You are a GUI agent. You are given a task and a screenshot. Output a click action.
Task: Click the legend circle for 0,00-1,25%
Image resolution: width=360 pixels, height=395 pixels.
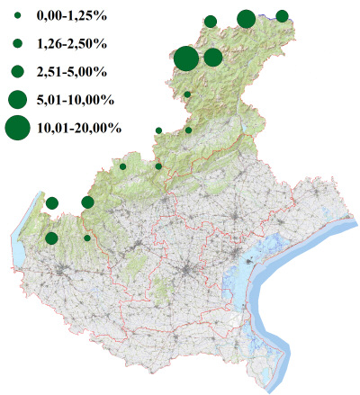[x=17, y=15]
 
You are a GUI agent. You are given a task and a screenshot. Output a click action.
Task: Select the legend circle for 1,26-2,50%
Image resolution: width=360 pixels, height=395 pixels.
[x=17, y=43]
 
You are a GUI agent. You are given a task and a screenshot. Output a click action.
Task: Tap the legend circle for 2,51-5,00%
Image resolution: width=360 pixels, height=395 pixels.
[x=17, y=71]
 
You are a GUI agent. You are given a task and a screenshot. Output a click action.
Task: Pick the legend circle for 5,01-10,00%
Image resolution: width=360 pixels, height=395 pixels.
[x=17, y=99]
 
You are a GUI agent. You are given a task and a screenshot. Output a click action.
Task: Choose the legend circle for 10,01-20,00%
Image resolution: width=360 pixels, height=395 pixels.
[x=17, y=128]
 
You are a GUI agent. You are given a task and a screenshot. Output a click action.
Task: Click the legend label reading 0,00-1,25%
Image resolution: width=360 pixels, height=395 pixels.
[x=70, y=15]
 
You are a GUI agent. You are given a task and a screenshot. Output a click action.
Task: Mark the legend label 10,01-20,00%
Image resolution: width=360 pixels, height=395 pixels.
[x=79, y=128]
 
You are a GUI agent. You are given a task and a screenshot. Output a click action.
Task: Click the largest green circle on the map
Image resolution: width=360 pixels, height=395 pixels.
[x=186, y=58]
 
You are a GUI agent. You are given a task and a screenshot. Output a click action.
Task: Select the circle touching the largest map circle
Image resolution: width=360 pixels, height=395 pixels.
[x=213, y=58]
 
